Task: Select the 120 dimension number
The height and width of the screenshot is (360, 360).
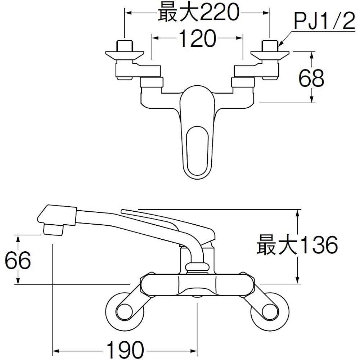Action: (x=197, y=38)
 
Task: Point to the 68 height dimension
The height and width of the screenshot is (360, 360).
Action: (x=311, y=78)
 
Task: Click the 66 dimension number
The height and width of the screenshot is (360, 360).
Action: (x=18, y=260)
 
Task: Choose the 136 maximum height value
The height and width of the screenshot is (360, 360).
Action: (x=319, y=245)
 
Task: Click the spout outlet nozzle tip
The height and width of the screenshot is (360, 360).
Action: (x=53, y=230)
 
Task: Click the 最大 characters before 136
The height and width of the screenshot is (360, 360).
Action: (x=278, y=245)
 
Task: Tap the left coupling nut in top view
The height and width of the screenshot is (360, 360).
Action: (x=152, y=82)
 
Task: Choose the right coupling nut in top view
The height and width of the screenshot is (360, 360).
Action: (x=243, y=82)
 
